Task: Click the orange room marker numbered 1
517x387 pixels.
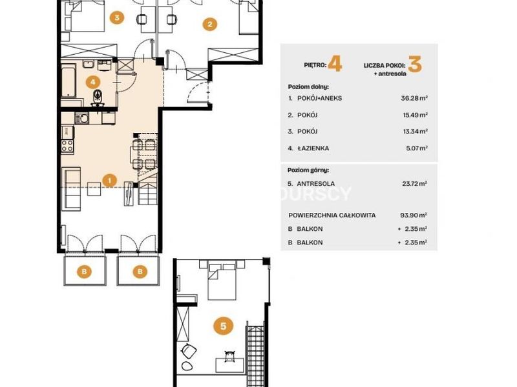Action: pos(109,181)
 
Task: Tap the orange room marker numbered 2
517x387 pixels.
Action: pos(209,24)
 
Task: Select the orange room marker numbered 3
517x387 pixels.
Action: pos(117,17)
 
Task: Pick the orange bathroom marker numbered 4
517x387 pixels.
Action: pos(93,82)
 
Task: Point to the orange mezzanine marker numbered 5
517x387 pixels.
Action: pos(223,326)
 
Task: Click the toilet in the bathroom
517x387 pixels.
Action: pos(98,95)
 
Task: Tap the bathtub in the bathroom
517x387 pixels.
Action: pos(69,81)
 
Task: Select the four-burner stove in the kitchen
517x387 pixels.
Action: pos(67,146)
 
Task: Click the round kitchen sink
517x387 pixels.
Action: pos(82,118)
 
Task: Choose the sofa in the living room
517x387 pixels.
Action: pos(71,189)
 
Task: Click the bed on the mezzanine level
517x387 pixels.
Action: pos(222,280)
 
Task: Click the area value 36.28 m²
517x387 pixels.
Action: pos(414,98)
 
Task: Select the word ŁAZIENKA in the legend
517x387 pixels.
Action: pos(313,148)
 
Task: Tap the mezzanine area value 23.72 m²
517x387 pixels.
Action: pos(414,184)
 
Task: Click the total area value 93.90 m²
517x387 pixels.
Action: pos(414,215)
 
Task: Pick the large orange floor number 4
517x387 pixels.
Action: pos(335,63)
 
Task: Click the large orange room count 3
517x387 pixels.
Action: pos(415,64)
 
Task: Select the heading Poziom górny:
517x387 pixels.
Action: pos(308,170)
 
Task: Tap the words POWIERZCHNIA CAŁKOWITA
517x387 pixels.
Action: pos(332,215)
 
